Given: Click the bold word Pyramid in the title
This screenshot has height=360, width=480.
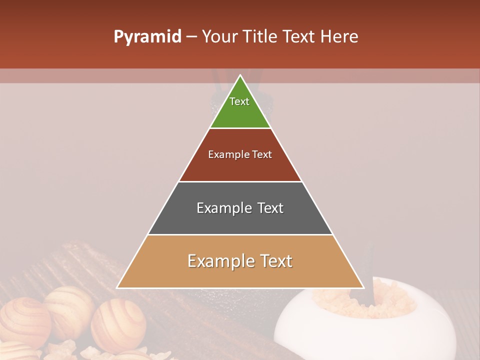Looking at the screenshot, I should click(147, 37).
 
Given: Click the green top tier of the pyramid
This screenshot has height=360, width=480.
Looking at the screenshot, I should click(240, 112).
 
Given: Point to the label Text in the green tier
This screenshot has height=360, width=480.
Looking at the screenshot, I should click(239, 101).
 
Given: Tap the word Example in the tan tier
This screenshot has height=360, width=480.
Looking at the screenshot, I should click(215, 261).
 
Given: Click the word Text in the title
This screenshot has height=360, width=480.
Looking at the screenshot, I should click(300, 37).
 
